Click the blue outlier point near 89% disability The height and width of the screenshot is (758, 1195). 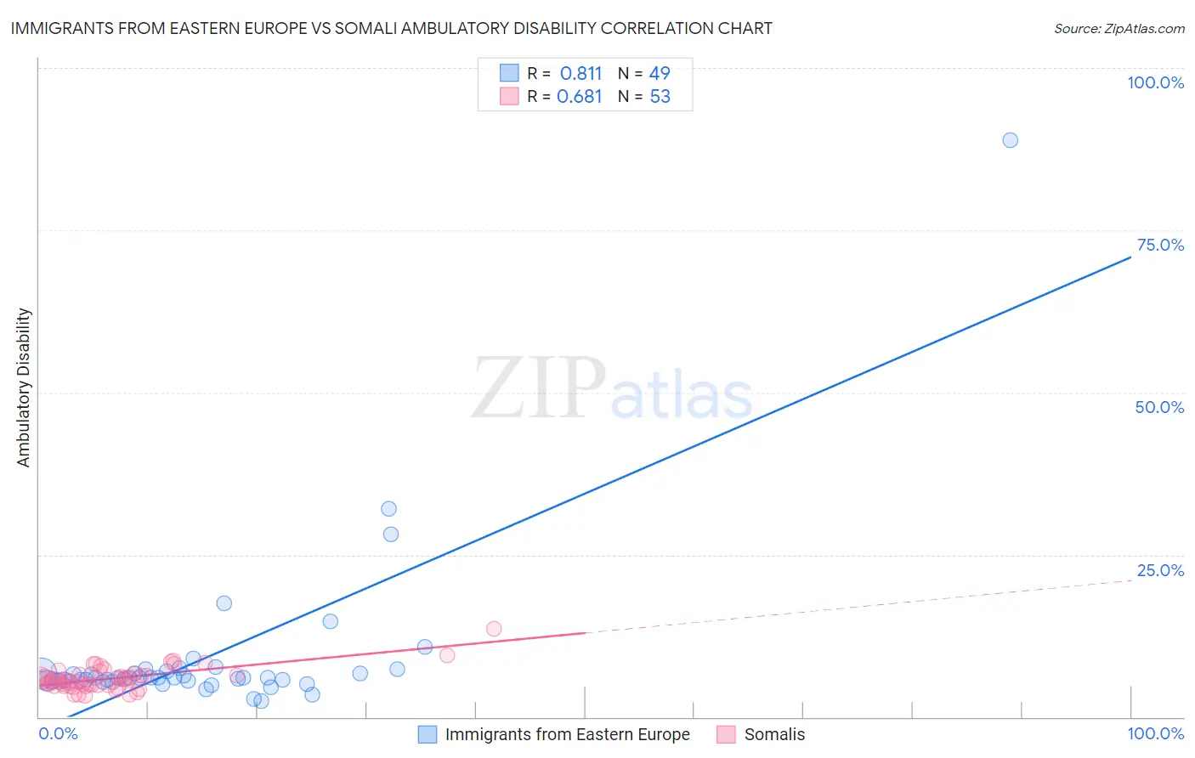tap(1010, 140)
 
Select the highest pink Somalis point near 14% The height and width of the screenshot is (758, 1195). tap(494, 629)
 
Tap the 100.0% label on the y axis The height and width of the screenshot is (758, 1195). tap(1155, 82)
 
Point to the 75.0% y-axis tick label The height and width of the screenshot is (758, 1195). tap(1160, 245)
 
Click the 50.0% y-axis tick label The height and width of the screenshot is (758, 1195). tap(1159, 407)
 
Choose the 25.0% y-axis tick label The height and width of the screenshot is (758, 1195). tap(1160, 570)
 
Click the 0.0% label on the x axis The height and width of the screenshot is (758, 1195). tap(58, 733)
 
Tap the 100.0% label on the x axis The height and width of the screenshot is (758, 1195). tap(1155, 733)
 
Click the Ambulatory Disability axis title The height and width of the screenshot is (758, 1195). tap(24, 387)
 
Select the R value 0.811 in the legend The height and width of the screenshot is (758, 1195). tap(581, 73)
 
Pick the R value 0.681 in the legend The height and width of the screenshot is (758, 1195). tap(579, 96)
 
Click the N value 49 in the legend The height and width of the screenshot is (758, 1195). tap(660, 73)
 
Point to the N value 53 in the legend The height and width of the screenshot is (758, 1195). tap(660, 96)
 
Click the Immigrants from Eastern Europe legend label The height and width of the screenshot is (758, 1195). tap(567, 734)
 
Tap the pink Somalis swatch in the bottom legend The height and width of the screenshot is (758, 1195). tap(726, 734)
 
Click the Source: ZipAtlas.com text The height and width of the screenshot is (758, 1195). tap(1119, 28)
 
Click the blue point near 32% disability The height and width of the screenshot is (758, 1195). tap(388, 509)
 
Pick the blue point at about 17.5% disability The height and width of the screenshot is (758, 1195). tap(224, 603)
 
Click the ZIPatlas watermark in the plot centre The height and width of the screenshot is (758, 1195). tap(612, 388)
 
